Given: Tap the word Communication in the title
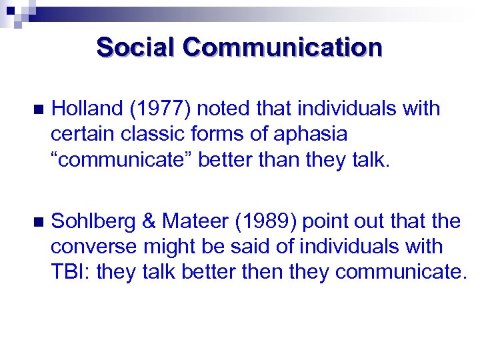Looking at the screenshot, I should [x=283, y=48].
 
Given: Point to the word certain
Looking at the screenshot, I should [x=83, y=134].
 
